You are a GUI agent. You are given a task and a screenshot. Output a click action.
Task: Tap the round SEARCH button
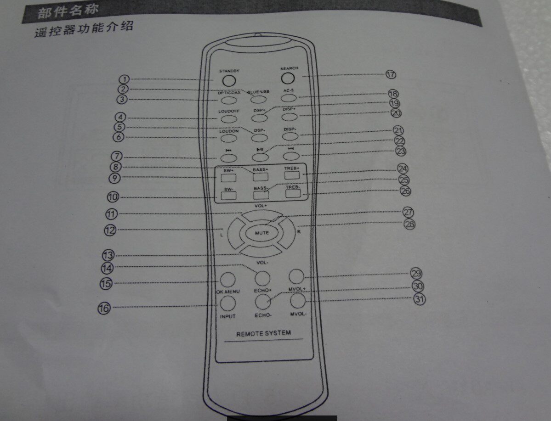tap(287, 78)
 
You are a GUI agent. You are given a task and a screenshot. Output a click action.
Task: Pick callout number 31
tap(419, 299)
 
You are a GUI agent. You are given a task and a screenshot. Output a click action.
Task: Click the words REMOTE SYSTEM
tap(263, 333)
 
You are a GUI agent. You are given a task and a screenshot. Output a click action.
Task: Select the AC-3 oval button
tap(288, 97)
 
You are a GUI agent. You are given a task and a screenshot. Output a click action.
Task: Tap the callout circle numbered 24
tap(403, 168)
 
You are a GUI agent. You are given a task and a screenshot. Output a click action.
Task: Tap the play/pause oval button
tap(260, 156)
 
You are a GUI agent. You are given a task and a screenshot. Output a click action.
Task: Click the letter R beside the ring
tap(299, 231)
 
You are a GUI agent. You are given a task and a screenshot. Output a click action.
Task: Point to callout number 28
tap(409, 225)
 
